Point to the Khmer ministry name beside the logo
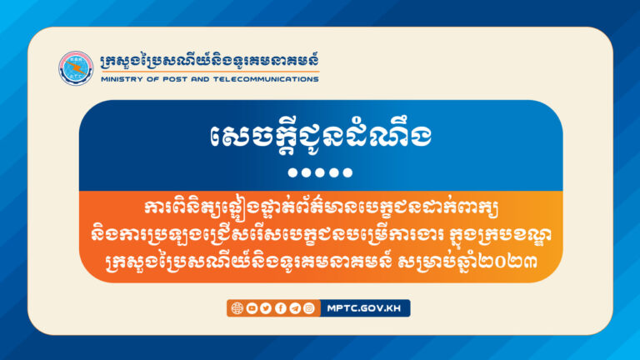point(208,62)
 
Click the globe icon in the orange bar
point(236,308)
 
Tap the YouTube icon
point(251,308)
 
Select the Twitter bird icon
point(265,308)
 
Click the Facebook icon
point(280,308)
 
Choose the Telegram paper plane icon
point(294,308)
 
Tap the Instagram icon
point(309,308)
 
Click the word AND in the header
point(197,80)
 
